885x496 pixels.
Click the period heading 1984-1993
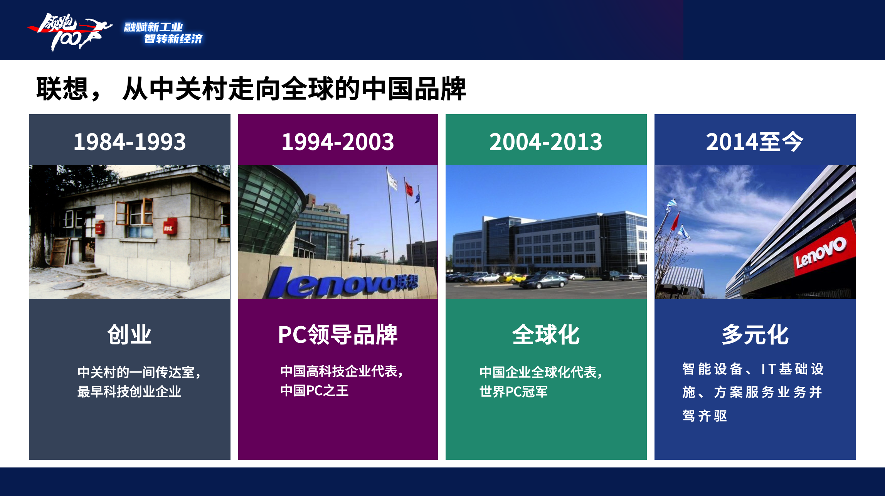tap(130, 142)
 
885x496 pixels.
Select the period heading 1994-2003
tap(338, 142)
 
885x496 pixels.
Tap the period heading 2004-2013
tap(546, 142)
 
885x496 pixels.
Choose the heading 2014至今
tap(754, 142)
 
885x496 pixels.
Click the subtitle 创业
tap(130, 334)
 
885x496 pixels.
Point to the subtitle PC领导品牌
tap(338, 334)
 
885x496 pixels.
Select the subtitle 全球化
tap(546, 334)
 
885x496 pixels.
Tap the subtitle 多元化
tap(755, 334)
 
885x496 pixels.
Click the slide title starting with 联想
tap(251, 89)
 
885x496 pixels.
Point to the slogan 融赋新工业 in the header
tap(153, 27)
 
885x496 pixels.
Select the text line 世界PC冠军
tap(513, 391)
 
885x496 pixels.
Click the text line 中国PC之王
tap(315, 390)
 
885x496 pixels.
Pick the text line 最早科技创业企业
tap(129, 391)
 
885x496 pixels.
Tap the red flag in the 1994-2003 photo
tap(409, 189)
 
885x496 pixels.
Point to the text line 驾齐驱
tap(705, 416)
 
